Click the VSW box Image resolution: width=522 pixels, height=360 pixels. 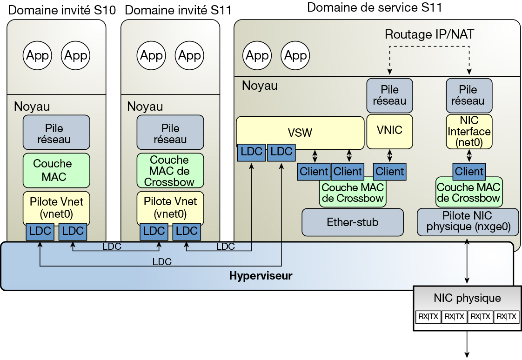click(300, 132)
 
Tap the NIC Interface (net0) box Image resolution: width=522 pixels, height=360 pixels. click(468, 132)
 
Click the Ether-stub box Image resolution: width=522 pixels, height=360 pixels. click(352, 222)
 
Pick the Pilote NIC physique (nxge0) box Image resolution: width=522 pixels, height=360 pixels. click(468, 221)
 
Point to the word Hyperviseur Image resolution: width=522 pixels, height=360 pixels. click(261, 276)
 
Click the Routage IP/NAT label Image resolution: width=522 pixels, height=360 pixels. click(429, 34)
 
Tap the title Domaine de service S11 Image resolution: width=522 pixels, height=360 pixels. click(375, 7)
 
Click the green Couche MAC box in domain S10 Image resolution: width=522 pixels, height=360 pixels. click(56, 170)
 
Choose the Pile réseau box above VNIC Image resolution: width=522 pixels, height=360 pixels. click(389, 95)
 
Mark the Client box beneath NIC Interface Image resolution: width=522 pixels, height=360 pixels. click(469, 171)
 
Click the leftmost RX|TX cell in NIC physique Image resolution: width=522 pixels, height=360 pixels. click(428, 317)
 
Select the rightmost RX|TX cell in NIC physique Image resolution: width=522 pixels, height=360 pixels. click(506, 317)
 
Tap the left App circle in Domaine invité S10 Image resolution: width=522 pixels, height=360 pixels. click(37, 56)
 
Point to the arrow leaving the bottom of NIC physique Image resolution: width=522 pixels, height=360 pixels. click(467, 344)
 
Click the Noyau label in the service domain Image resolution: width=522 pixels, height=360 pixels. click(259, 86)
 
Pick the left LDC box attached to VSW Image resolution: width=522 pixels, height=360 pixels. click(251, 152)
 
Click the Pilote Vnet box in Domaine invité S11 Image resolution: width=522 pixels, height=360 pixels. click(170, 207)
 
